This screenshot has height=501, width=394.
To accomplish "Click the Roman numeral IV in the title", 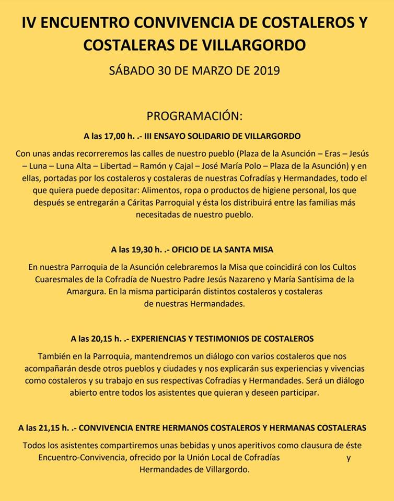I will click(x=30, y=23).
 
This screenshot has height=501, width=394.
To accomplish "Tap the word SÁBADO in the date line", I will click(x=132, y=70).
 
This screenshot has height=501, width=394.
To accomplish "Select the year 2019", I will click(x=265, y=70).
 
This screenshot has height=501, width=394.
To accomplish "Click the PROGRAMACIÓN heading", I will click(x=194, y=115).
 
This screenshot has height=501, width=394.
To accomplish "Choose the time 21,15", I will click(x=59, y=428).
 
